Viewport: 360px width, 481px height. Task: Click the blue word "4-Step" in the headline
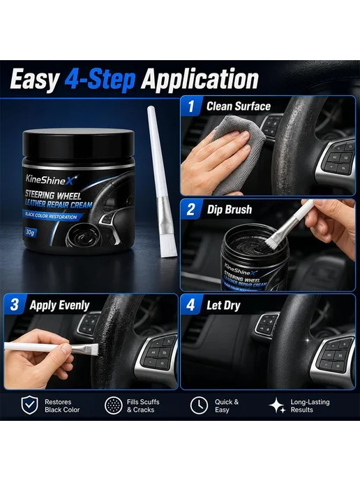click(x=100, y=80)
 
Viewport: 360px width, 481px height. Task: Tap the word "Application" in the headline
click(x=200, y=80)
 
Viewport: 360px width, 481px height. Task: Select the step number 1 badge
click(x=191, y=106)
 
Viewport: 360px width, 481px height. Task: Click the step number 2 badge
click(x=190, y=210)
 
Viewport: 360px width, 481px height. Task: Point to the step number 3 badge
click(x=15, y=305)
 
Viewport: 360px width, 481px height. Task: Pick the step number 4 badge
click(x=190, y=305)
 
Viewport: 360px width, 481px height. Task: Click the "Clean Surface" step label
click(x=239, y=106)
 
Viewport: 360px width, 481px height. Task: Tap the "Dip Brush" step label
click(x=230, y=210)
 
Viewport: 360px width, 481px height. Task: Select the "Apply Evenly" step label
click(x=59, y=306)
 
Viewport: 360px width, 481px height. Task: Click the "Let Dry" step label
click(x=223, y=306)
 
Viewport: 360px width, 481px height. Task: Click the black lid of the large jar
click(x=78, y=144)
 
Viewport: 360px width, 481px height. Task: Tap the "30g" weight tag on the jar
click(x=30, y=232)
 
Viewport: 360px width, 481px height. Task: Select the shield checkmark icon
click(x=30, y=405)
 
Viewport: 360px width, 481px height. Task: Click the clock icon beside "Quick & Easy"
click(x=199, y=405)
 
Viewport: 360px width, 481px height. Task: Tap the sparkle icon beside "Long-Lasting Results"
click(x=278, y=405)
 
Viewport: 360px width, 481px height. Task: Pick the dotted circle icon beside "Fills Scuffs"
click(x=114, y=405)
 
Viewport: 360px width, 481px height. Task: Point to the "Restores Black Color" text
click(x=62, y=405)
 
